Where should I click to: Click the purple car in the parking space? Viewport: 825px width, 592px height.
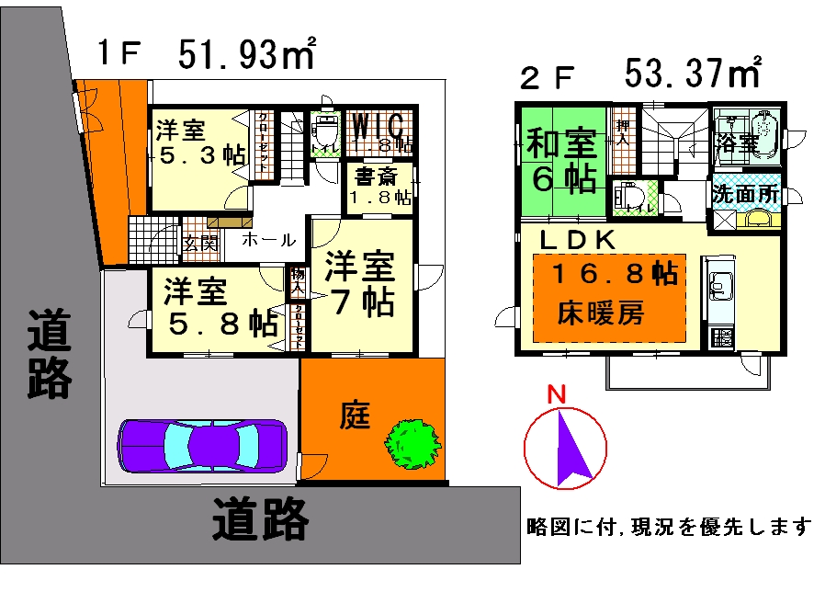point(202,446)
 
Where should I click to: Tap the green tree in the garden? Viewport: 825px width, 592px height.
point(411,441)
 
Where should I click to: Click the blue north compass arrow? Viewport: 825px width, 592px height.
point(569,448)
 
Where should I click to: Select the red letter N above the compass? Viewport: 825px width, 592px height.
point(555,394)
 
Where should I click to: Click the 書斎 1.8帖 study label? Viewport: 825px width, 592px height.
point(379,187)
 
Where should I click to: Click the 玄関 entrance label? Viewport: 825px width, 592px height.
point(199,243)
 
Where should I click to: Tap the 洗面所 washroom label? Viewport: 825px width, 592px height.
point(744,195)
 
